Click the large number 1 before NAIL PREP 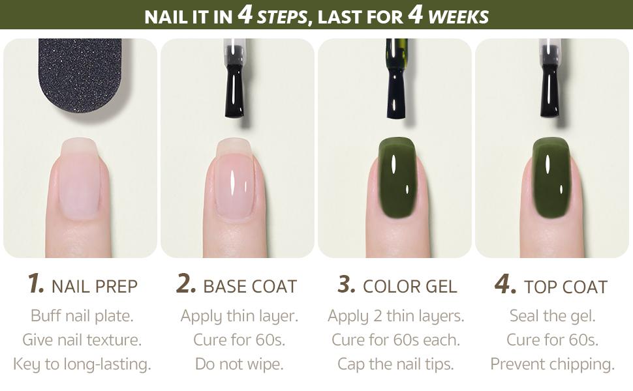pyautogui.click(x=35, y=284)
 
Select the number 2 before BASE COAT pyautogui.click(x=187, y=284)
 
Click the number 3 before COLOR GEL pyautogui.click(x=346, y=284)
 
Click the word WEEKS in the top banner pyautogui.click(x=458, y=16)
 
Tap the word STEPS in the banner pyautogui.click(x=282, y=16)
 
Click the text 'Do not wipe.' pyautogui.click(x=239, y=364)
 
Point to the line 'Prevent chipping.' pyautogui.click(x=552, y=364)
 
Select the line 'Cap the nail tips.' pyautogui.click(x=396, y=364)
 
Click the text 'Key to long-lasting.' pyautogui.click(x=82, y=364)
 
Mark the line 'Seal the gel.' pyautogui.click(x=552, y=316)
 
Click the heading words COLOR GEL pyautogui.click(x=410, y=286)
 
